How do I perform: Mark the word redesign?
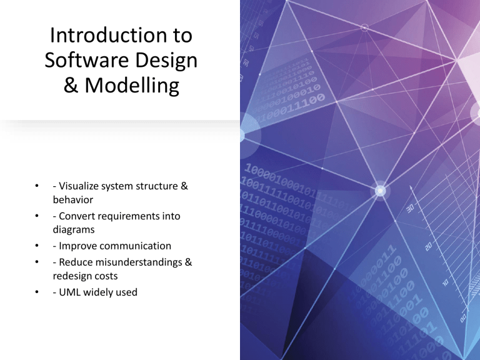72,276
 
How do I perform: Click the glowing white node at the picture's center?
379,190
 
